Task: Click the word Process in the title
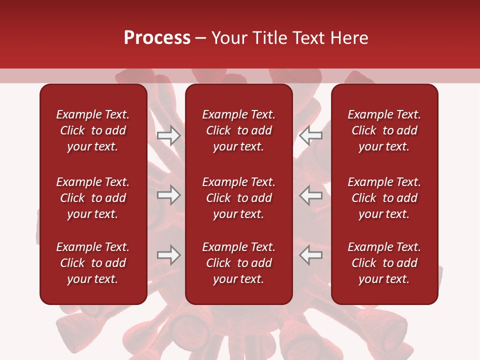157,38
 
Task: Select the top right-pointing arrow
168,135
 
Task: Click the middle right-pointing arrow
168,195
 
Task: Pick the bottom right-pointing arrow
168,255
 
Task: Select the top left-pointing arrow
311,135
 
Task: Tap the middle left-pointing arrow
311,195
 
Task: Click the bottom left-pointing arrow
311,255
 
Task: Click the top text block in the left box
93,130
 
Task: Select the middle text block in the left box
93,198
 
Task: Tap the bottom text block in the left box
93,263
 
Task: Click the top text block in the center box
239,130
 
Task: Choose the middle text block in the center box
239,198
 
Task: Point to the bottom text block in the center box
239,263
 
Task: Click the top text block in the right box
384,130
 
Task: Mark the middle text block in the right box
384,198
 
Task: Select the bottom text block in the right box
384,263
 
